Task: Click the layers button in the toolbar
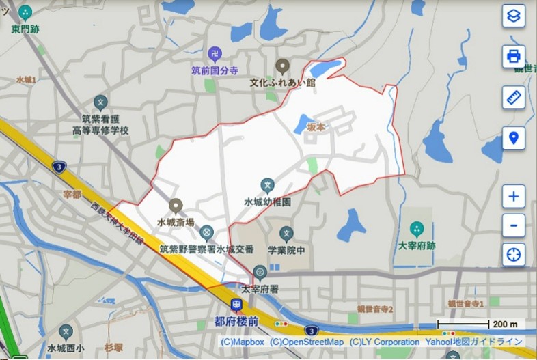(x=514, y=16)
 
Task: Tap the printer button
(x=514, y=56)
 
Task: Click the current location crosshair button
(x=514, y=255)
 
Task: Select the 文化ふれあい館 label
(x=282, y=83)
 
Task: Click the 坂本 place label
(x=316, y=127)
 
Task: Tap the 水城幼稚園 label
(x=268, y=202)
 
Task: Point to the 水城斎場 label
(x=176, y=222)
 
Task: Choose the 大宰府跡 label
(x=416, y=245)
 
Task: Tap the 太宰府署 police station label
(x=260, y=289)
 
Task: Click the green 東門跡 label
(x=26, y=29)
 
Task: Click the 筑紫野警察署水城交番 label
(x=206, y=249)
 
